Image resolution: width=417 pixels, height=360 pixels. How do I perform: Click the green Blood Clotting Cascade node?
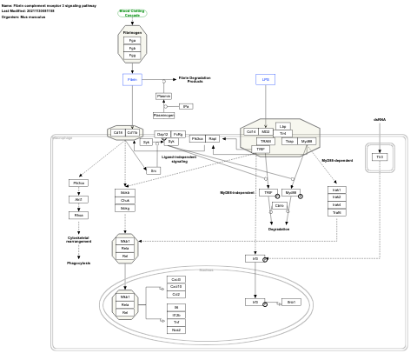click(x=132, y=13)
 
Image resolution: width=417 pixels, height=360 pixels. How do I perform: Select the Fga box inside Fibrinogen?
click(x=132, y=40)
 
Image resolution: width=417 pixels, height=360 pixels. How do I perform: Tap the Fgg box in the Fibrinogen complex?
click(x=132, y=55)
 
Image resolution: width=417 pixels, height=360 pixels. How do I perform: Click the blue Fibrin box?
click(x=132, y=79)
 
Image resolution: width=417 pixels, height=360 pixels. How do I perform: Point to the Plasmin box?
click(x=163, y=96)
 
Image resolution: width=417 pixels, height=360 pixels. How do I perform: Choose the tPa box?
click(x=185, y=106)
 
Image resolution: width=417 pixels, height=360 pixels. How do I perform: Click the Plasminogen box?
click(x=163, y=115)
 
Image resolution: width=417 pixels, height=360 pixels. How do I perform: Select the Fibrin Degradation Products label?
click(x=195, y=79)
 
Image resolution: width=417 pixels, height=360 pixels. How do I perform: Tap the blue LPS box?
click(x=267, y=79)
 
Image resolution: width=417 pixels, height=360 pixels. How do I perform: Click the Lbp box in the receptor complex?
click(x=283, y=125)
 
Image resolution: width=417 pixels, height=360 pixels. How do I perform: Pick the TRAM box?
click(x=266, y=141)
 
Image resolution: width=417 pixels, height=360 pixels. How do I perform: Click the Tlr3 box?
click(x=380, y=157)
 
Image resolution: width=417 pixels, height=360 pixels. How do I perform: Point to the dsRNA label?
click(x=380, y=119)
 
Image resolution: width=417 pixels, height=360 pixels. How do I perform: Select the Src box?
click(x=154, y=170)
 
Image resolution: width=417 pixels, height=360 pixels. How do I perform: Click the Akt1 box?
click(x=79, y=199)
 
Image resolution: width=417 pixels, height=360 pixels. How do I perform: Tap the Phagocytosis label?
click(x=79, y=262)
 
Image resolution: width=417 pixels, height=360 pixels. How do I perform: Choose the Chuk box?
click(x=125, y=200)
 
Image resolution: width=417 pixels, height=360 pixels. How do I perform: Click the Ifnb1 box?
click(x=292, y=302)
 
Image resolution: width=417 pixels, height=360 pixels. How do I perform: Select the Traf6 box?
click(x=336, y=212)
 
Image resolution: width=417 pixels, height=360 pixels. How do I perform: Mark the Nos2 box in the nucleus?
click(x=176, y=330)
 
